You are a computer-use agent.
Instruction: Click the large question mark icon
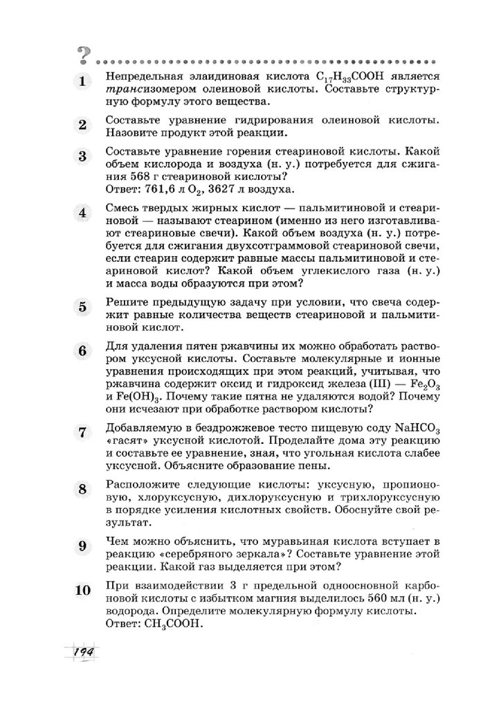(85, 53)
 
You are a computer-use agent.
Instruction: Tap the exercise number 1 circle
(83, 82)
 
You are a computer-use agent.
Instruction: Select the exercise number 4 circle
(83, 213)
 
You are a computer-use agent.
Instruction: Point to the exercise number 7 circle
(83, 433)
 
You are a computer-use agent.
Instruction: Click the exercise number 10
(83, 592)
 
